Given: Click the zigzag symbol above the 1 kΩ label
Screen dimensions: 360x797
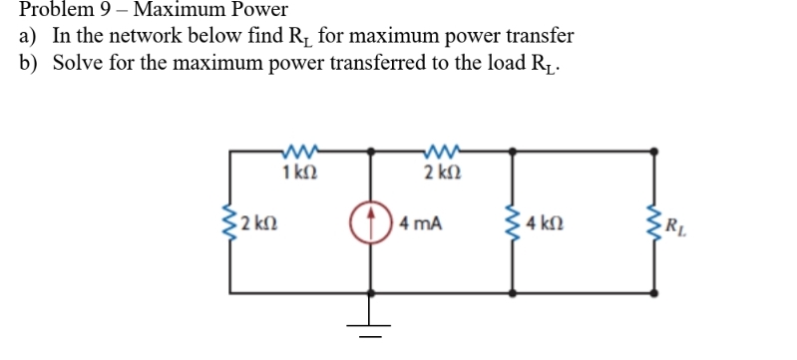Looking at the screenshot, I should point(300,153).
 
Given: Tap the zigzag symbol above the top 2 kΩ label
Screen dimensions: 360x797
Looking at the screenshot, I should point(440,153).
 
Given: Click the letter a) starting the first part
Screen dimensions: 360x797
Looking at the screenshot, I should point(28,36).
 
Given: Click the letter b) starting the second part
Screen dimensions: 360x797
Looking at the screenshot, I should point(28,62).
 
